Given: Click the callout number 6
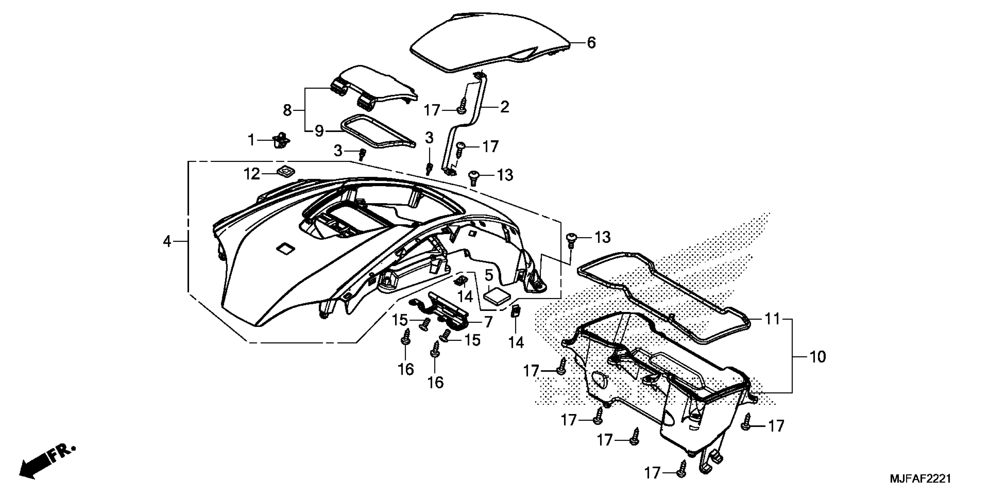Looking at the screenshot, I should click(591, 43).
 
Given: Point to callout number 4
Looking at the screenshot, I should click(167, 242).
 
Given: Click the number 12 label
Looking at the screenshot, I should click(252, 174).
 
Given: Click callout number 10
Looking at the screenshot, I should click(818, 357).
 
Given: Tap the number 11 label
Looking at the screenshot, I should click(773, 319).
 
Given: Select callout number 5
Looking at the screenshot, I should click(489, 275).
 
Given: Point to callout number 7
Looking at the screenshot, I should click(488, 322).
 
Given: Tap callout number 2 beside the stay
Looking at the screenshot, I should click(504, 107).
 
